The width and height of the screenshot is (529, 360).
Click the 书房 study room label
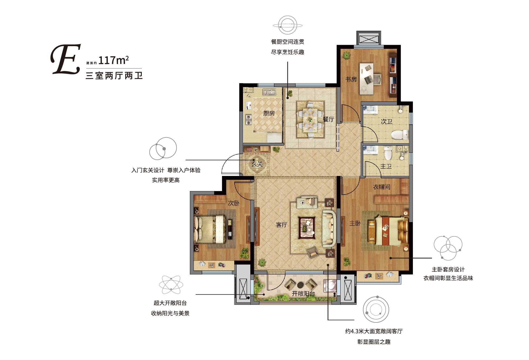351,79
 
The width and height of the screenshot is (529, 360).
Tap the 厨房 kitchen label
269,113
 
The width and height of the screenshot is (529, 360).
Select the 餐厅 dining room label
329,119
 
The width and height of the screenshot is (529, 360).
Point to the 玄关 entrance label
257,164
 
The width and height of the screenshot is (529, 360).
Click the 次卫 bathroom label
386,121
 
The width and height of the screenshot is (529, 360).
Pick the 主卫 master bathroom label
386,166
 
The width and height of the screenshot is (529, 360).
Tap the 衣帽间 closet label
382,187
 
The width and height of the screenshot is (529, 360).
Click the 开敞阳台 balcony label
304,294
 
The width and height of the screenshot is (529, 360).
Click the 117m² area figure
113,60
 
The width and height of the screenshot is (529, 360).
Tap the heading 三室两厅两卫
114,76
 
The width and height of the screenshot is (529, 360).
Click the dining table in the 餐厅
310,120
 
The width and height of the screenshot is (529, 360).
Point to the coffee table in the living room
307,228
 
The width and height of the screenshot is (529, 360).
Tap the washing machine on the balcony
330,286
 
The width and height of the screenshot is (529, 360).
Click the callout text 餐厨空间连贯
288,42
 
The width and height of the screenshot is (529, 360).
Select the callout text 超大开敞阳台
170,303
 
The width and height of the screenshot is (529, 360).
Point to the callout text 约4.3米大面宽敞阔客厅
374,331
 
